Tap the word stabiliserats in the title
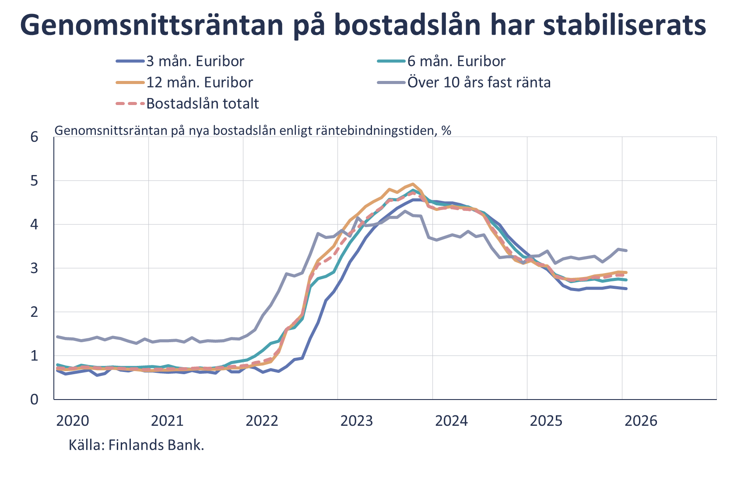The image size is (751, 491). pos(624,25)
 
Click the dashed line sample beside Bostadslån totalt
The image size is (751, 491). pos(130,104)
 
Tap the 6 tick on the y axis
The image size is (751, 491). pos(34,137)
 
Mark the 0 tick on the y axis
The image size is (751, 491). pos(34,400)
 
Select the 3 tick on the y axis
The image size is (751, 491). pos(34,268)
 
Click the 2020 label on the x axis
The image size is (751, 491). pos(73,421)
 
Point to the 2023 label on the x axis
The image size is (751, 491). pos(357,421)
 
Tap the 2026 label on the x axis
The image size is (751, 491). pos(641,421)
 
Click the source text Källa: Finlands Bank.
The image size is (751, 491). pos(136,445)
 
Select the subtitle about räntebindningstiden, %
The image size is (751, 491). pos(253,130)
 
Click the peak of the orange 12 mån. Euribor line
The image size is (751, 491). pos(413,184)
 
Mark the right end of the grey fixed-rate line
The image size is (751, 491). pos(627,250)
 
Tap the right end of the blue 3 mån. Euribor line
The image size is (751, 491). pos(627,288)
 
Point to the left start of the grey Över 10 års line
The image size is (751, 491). pos(57,337)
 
